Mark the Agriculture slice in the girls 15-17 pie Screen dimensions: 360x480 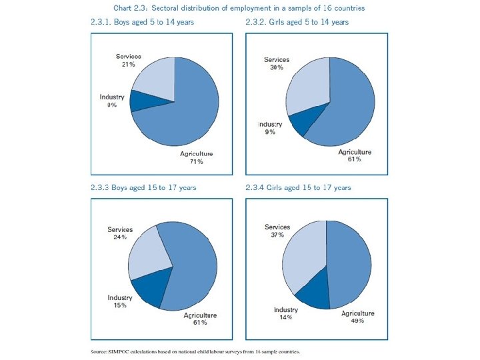click(x=348, y=267)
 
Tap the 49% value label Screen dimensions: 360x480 click(x=358, y=321)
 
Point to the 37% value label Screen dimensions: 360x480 click(x=277, y=235)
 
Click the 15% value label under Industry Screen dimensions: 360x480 click(x=121, y=306)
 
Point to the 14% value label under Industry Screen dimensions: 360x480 click(x=286, y=318)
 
